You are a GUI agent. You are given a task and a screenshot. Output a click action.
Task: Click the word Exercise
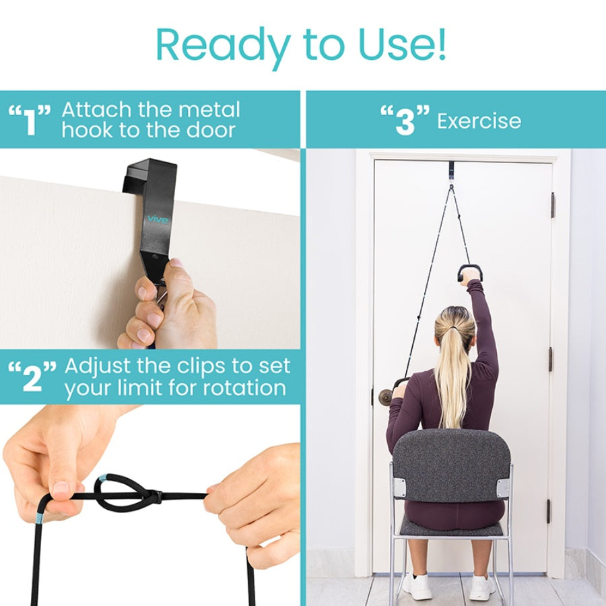[479, 121]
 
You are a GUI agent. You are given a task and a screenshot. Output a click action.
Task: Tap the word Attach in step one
[100, 110]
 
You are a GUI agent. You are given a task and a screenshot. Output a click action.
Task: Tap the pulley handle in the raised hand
[470, 271]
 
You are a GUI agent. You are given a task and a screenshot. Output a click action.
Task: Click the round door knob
[386, 396]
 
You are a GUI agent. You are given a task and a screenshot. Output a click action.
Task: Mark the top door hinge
[553, 204]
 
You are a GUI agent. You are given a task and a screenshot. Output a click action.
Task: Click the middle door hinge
[551, 359]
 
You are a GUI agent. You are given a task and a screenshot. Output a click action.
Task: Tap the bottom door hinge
[549, 510]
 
